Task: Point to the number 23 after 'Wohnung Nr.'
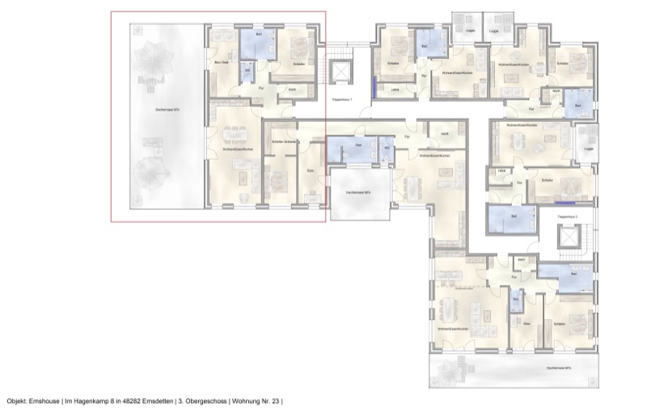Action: point(275,401)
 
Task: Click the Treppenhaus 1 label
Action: point(344,99)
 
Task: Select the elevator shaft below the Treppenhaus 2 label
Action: point(569,239)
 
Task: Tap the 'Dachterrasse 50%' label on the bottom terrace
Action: point(558,368)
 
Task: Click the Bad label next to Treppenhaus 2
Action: point(514,216)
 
